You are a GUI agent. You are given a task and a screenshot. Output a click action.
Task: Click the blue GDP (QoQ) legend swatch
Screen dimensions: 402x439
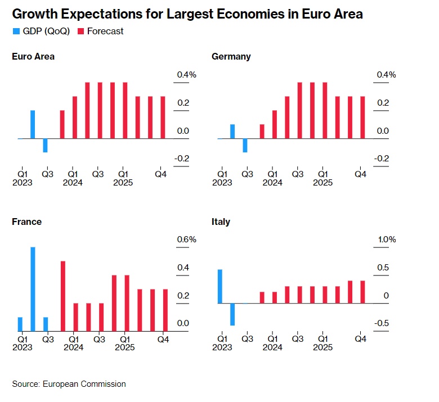coord(16,31)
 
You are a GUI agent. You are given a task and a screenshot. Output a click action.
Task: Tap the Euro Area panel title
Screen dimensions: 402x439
coord(33,56)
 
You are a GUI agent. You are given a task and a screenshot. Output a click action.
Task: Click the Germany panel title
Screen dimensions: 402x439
coord(231,56)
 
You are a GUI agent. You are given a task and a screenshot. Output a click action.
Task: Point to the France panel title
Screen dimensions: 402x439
coord(26,222)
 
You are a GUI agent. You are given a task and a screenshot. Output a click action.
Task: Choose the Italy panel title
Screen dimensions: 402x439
coord(221,222)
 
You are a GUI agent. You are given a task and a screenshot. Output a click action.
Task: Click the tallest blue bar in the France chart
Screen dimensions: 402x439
coord(33,289)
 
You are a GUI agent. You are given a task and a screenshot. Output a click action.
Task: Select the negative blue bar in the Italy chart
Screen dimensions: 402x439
coord(232,314)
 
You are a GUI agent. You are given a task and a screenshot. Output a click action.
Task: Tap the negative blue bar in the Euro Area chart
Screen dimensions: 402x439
coord(46,145)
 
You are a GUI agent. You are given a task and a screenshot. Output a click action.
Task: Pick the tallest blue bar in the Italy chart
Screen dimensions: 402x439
coord(219,286)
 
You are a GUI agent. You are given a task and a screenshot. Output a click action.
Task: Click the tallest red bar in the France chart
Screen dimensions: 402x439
coord(63,296)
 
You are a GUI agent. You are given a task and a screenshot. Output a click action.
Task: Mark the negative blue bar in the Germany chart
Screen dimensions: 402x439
coord(245,145)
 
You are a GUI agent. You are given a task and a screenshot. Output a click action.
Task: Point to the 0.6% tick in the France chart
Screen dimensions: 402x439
coord(187,240)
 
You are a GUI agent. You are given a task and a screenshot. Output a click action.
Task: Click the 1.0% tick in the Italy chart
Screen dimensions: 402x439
coord(387,240)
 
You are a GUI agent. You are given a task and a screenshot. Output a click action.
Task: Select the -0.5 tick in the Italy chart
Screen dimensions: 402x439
coord(383,323)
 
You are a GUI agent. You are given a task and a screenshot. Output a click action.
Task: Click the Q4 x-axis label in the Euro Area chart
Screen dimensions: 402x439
coord(161,174)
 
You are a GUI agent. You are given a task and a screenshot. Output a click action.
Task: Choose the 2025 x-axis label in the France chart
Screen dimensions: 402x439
coord(124,347)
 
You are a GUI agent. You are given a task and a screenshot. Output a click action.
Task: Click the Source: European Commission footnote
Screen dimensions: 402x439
coord(69,384)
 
